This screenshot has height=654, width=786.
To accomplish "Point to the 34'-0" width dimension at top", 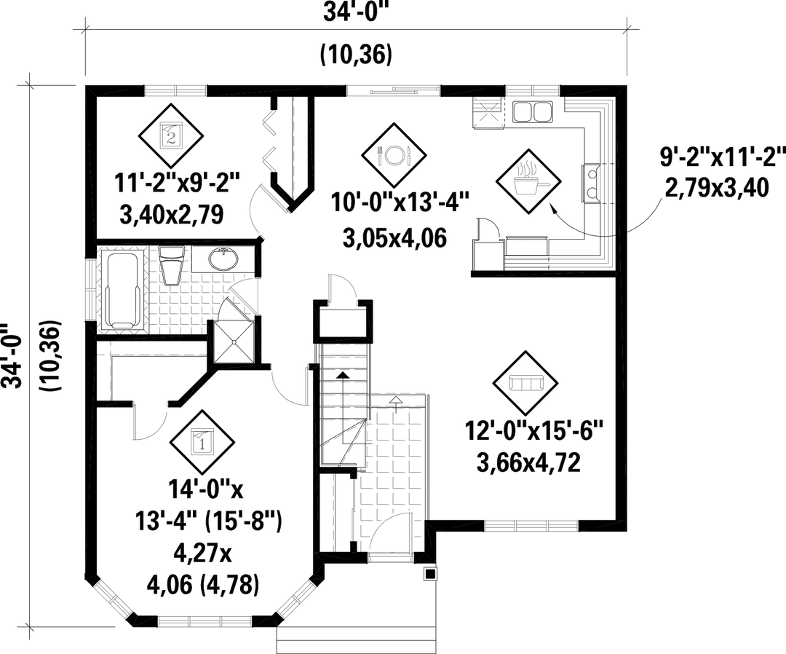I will point(356,12).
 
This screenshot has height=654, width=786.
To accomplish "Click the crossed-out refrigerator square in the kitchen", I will point(488,114).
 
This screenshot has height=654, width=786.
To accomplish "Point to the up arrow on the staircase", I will point(339,376).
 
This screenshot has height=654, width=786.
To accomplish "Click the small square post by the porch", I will point(430,574).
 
